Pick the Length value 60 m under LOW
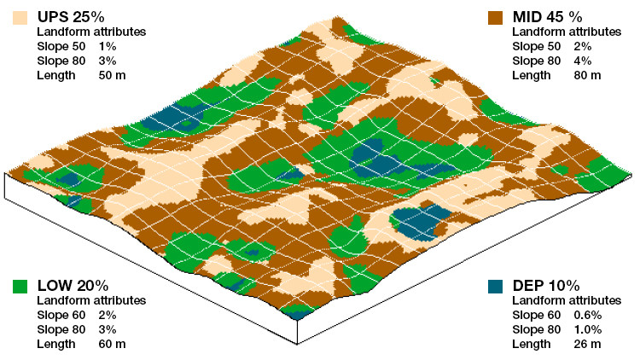pos(112,344)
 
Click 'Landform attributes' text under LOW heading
pos(92,300)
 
